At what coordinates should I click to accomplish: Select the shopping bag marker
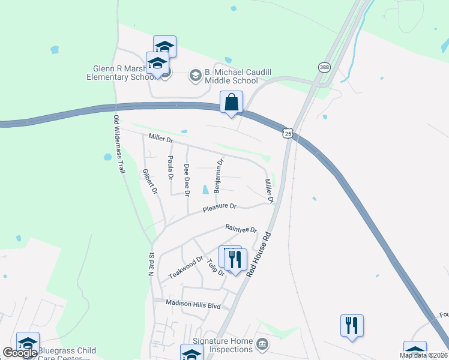tap(231, 103)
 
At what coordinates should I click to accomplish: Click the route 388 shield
tap(325, 68)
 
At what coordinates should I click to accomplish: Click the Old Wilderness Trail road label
tap(119, 145)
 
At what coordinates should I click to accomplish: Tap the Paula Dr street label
tap(170, 167)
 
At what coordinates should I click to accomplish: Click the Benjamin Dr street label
tap(219, 175)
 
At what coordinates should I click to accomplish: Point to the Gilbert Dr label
tap(149, 182)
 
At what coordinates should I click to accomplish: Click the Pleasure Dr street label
tap(220, 207)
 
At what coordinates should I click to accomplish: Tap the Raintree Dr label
tap(241, 229)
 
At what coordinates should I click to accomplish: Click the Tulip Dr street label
tap(215, 268)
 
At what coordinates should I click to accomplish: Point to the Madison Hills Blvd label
tap(193, 305)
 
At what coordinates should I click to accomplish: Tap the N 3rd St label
tap(151, 264)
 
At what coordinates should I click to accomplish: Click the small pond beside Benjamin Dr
tap(206, 190)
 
